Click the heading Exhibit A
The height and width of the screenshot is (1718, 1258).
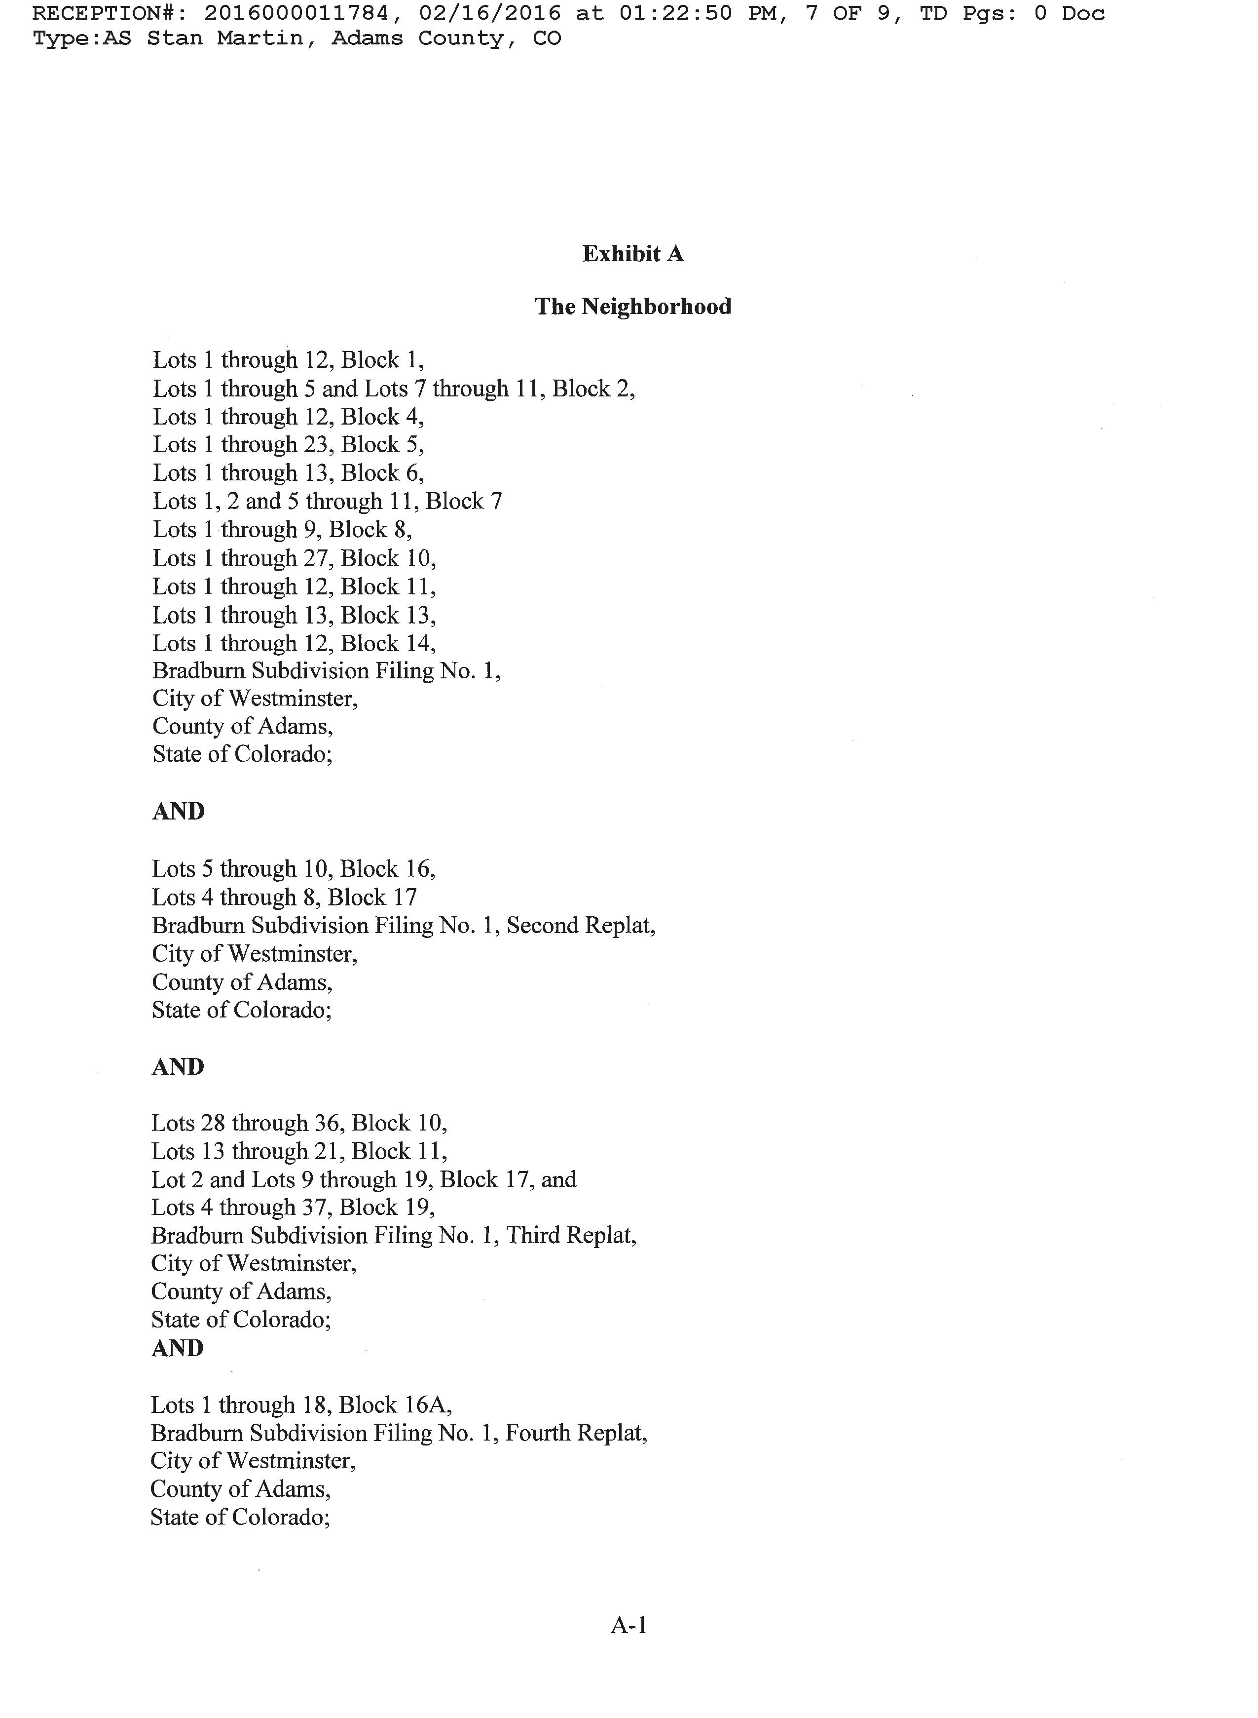click(x=633, y=254)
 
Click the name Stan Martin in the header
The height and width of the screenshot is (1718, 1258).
click(x=224, y=38)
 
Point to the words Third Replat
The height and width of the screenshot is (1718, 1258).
click(x=570, y=1235)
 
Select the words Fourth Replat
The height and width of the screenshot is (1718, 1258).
click(x=576, y=1433)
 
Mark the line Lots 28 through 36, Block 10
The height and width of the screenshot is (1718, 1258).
click(x=299, y=1124)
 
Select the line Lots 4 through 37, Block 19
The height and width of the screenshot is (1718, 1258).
click(x=293, y=1208)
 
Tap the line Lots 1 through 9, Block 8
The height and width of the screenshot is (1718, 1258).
click(x=282, y=530)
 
